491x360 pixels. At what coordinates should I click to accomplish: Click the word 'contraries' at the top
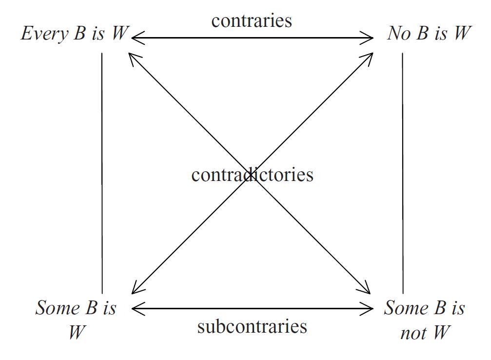[x=251, y=21]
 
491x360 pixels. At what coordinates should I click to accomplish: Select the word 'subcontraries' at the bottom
[x=252, y=326]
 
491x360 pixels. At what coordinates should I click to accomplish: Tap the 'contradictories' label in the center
[x=252, y=175]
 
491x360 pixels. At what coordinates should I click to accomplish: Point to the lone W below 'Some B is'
[x=77, y=333]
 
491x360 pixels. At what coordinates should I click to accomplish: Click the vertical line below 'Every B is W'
[x=102, y=171]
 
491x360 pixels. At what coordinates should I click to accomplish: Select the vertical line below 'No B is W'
[x=403, y=171]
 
